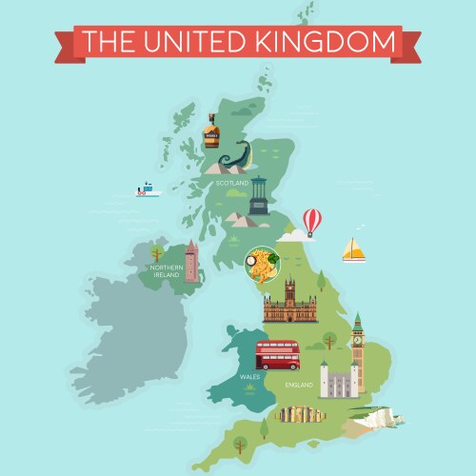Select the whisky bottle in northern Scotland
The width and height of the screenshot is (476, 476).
pos(211,131)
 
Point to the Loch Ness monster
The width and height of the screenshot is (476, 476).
pos(235,156)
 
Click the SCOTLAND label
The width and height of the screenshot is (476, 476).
pos(231,183)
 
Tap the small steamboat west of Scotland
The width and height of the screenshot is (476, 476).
pos(148,188)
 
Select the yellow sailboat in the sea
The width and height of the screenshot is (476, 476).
pos(354,249)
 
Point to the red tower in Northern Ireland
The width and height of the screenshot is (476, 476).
pos(192,262)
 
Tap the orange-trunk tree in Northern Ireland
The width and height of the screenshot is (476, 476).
pos(155,253)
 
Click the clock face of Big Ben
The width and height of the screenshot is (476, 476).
pos(358,336)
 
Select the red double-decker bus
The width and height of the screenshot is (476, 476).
pos(277,355)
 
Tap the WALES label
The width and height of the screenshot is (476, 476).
pos(249,377)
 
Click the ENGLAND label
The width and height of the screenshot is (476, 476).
pos(298,385)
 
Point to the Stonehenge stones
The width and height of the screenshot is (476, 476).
pos(302,414)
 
